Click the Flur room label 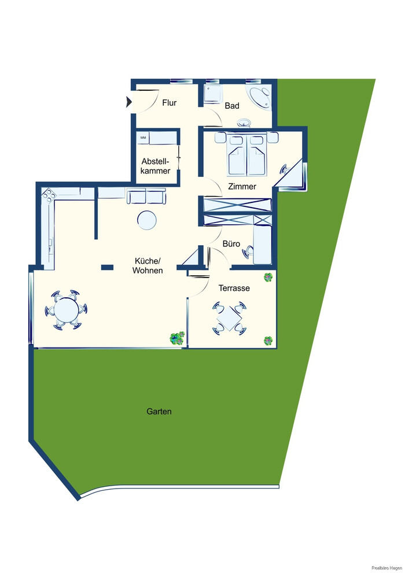pyautogui.click(x=170, y=103)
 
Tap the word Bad pyautogui.click(x=232, y=106)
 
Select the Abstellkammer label pyautogui.click(x=156, y=166)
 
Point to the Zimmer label pyautogui.click(x=242, y=186)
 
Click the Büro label pyautogui.click(x=231, y=243)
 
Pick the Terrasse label pyautogui.click(x=234, y=288)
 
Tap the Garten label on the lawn pyautogui.click(x=159, y=412)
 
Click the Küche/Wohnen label pyautogui.click(x=148, y=265)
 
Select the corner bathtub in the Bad pyautogui.click(x=260, y=97)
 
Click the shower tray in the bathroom pyautogui.click(x=213, y=95)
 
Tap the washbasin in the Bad pyautogui.click(x=244, y=123)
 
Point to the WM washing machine pyautogui.click(x=143, y=138)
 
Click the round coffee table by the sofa pyautogui.click(x=147, y=220)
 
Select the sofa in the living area pyautogui.click(x=146, y=196)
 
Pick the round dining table pyautogui.click(x=66, y=310)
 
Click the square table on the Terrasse pyautogui.click(x=229, y=318)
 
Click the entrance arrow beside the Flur pyautogui.click(x=128, y=102)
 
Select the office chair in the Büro pyautogui.click(x=248, y=252)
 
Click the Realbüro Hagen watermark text pyautogui.click(x=386, y=568)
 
